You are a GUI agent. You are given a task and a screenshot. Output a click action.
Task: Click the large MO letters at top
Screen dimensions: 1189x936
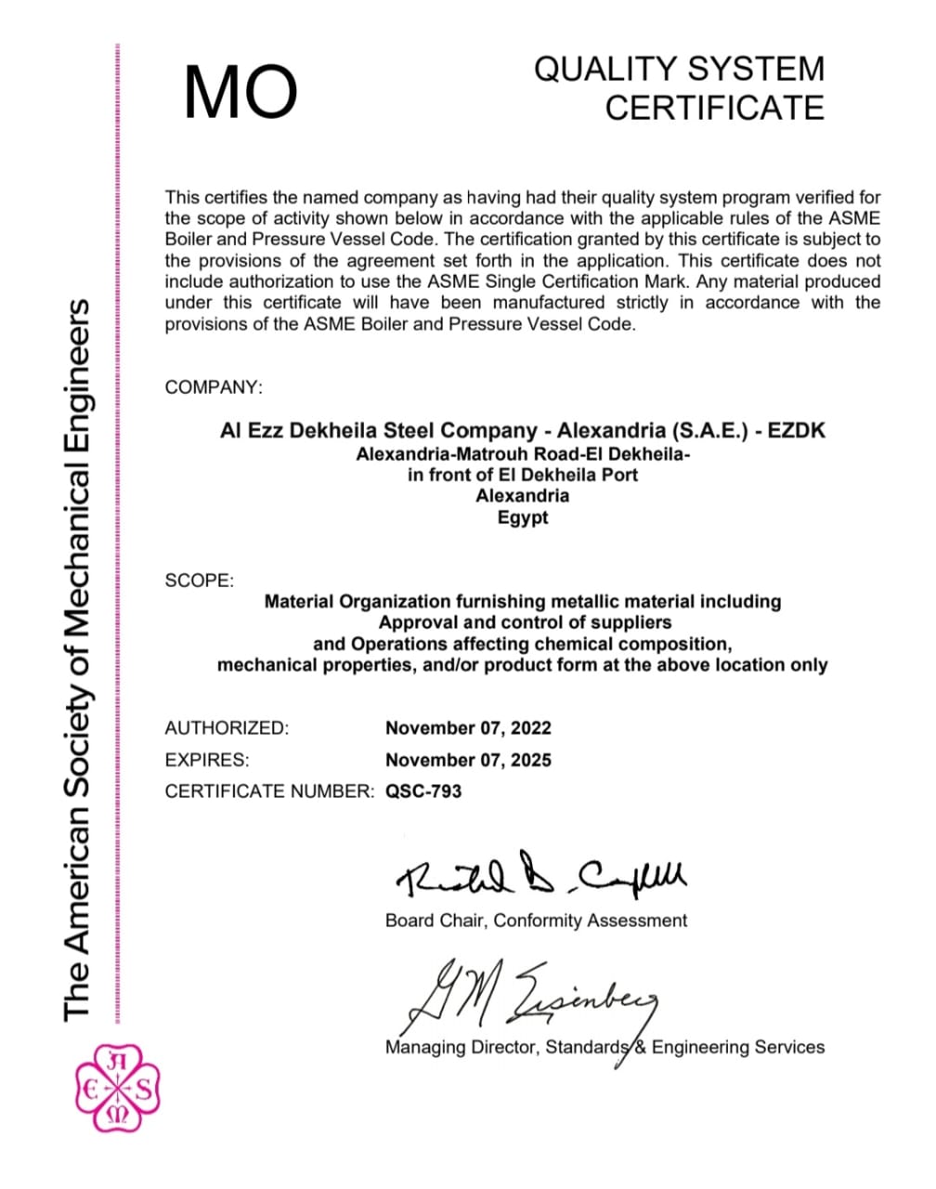(x=240, y=92)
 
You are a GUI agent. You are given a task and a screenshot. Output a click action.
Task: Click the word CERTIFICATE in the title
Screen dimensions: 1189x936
(x=714, y=108)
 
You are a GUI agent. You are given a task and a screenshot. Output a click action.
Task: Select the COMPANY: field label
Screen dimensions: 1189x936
(x=214, y=387)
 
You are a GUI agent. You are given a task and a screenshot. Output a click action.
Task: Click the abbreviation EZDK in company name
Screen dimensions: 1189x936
(x=796, y=430)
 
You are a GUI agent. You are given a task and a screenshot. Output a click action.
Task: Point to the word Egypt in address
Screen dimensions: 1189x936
(x=523, y=517)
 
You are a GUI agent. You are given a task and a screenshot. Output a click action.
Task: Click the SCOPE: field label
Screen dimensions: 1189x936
(x=200, y=581)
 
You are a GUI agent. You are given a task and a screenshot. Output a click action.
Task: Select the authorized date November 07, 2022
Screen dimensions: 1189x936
(x=468, y=728)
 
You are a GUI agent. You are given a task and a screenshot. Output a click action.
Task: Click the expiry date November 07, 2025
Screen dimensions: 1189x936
(x=468, y=760)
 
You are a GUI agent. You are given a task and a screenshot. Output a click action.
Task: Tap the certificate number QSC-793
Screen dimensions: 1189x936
(x=423, y=791)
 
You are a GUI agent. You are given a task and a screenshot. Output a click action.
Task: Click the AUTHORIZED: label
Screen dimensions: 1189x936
(x=227, y=728)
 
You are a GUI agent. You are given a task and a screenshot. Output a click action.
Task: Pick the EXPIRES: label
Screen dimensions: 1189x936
(x=207, y=760)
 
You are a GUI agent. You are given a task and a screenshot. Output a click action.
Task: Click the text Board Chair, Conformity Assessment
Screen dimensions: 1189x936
(x=536, y=921)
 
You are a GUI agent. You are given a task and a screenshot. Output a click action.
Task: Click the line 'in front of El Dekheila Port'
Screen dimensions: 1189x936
(x=523, y=475)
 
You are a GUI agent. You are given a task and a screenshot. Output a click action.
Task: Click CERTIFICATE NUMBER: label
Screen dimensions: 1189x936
(x=269, y=791)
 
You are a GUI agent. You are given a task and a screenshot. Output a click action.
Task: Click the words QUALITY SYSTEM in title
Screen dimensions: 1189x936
(x=679, y=69)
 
